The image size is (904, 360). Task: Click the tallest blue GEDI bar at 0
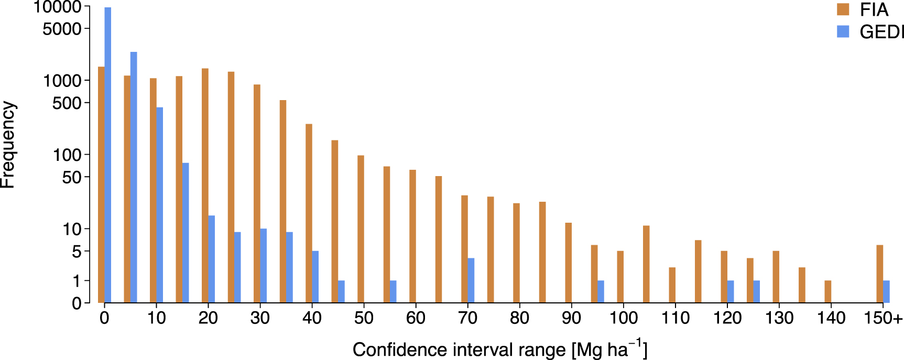tap(107, 155)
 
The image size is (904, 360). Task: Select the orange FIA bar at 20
tap(205, 186)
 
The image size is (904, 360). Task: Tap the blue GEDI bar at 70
tap(471, 280)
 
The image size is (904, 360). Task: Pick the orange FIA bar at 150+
tap(880, 274)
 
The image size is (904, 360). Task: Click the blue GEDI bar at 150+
tap(886, 291)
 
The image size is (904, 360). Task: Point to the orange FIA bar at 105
tap(646, 264)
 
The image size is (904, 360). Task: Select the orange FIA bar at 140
tap(828, 291)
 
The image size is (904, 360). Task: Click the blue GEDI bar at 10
tap(159, 205)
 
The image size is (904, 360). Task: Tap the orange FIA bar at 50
tap(361, 229)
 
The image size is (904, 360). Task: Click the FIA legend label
tap(874, 10)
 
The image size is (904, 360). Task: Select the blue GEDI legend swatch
tap(843, 31)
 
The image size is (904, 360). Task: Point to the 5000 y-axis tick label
tap(62, 29)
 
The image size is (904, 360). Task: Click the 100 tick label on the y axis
tap(68, 155)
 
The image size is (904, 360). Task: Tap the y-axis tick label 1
tap(77, 281)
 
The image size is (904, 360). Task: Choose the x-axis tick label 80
tap(519, 318)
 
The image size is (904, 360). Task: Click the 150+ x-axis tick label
tap(883, 318)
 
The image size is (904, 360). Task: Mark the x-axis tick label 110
tap(675, 318)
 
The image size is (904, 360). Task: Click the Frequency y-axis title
tap(8, 145)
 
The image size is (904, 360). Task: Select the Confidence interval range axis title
tap(499, 350)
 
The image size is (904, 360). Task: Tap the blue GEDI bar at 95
tap(601, 291)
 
